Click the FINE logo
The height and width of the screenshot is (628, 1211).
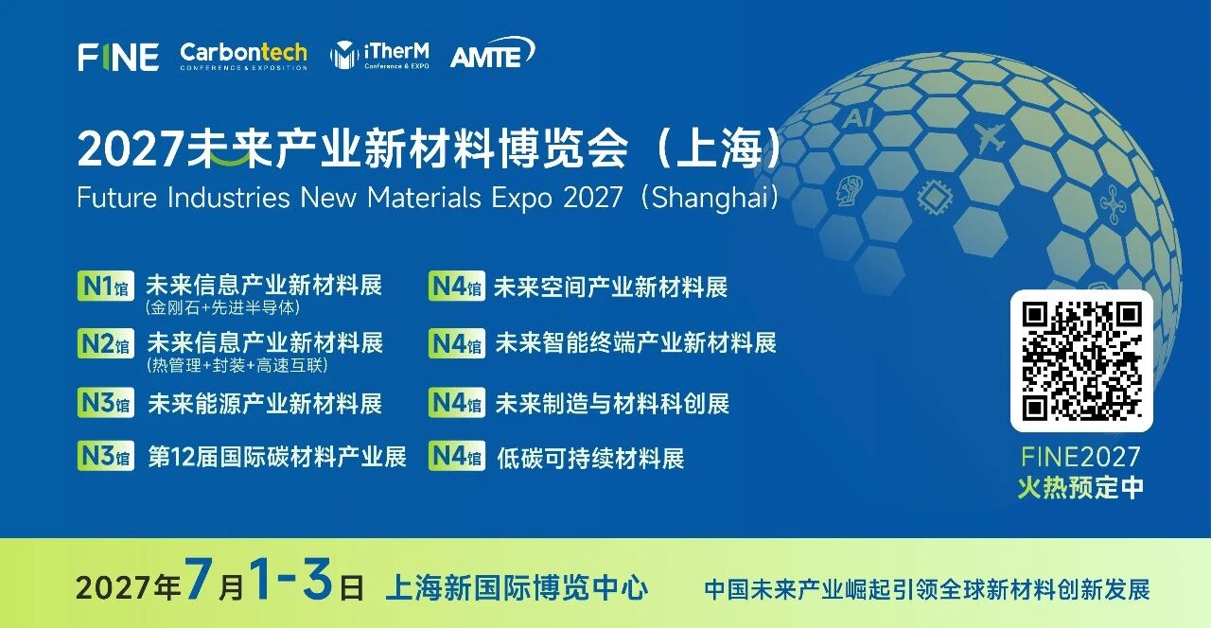click(118, 58)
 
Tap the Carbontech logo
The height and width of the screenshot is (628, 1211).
click(244, 56)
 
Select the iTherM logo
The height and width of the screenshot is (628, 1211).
click(379, 55)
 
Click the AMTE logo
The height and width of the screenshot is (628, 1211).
click(493, 53)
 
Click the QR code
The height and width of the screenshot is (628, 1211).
click(1081, 360)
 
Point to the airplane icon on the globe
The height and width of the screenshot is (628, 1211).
click(992, 137)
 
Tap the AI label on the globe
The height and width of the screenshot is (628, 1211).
click(858, 116)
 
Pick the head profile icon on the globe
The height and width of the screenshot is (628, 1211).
click(850, 190)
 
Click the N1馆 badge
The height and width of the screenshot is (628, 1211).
click(106, 286)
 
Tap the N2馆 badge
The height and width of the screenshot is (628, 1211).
click(106, 343)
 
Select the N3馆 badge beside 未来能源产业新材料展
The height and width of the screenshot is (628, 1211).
click(106, 403)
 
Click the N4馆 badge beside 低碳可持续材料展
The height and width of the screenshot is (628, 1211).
click(457, 456)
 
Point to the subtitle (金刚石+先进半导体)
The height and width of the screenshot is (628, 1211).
click(222, 307)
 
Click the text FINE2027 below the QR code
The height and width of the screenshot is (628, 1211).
click(1080, 457)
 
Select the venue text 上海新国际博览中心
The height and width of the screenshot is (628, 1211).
click(517, 587)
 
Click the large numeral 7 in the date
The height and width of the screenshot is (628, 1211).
click(197, 578)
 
